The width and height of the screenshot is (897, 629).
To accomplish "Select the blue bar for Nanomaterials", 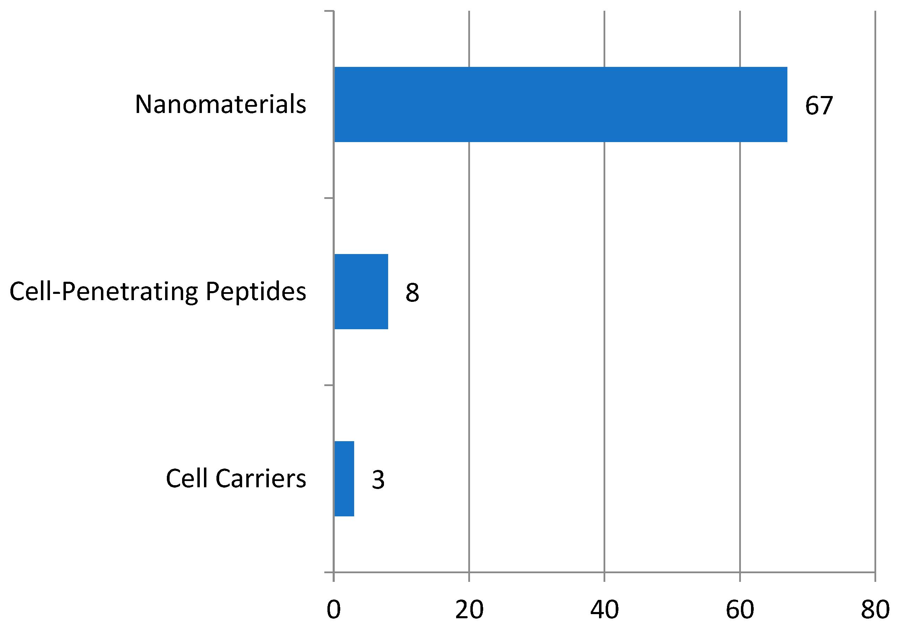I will pyautogui.click(x=560, y=104).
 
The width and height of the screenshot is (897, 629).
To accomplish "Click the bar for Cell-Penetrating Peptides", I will pyautogui.click(x=361, y=292).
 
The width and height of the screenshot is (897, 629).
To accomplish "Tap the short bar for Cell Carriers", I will pyautogui.click(x=344, y=479).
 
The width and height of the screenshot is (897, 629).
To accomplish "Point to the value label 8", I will pyautogui.click(x=412, y=292).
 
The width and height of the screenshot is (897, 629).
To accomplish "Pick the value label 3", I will pyautogui.click(x=378, y=480).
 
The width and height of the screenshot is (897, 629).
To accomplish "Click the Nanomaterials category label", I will pyautogui.click(x=220, y=104).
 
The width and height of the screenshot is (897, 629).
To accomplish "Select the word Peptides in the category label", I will pyautogui.click(x=256, y=292).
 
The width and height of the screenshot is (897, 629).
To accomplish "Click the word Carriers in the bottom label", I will pyautogui.click(x=260, y=479).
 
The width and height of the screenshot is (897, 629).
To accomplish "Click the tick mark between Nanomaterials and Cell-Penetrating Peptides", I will pyautogui.click(x=329, y=198).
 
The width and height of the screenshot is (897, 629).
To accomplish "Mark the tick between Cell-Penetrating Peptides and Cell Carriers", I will pyautogui.click(x=329, y=385).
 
